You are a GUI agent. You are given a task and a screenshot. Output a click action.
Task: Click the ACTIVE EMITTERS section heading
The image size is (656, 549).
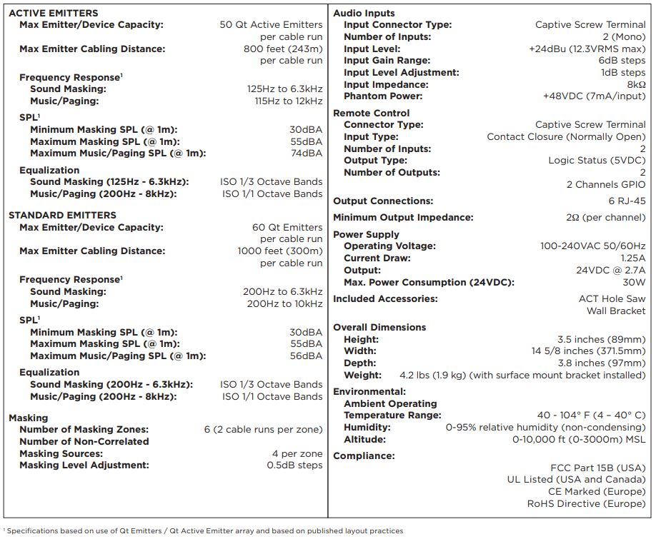click(54, 13)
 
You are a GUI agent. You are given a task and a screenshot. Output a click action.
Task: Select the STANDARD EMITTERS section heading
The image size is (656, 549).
click(62, 215)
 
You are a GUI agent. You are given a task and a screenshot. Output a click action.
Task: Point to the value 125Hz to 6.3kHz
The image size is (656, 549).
click(284, 89)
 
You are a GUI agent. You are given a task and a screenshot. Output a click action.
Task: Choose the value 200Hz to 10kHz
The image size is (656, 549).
click(284, 303)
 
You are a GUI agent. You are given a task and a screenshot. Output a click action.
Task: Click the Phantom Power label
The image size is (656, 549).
click(383, 96)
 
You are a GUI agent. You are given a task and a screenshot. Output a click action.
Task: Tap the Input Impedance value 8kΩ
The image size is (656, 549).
click(636, 84)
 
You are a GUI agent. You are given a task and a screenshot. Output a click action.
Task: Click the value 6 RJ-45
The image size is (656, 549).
click(627, 201)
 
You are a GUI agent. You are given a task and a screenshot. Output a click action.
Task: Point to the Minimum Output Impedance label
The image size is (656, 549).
click(403, 218)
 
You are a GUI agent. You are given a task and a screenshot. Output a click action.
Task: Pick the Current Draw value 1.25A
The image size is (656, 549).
click(632, 258)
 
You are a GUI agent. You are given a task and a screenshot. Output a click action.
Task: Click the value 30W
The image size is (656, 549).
click(634, 282)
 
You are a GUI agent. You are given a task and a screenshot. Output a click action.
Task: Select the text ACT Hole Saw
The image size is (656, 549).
click(612, 299)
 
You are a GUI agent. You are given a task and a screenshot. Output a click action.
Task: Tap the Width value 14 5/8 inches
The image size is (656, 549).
click(588, 351)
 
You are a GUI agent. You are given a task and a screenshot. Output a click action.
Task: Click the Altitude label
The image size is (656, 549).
click(364, 440)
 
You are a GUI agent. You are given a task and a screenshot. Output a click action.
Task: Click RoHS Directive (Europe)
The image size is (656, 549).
click(586, 504)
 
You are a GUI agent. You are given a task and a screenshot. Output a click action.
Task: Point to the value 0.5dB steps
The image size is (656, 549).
click(294, 465)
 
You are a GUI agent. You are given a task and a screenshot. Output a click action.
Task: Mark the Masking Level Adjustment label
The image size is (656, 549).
click(84, 465)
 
